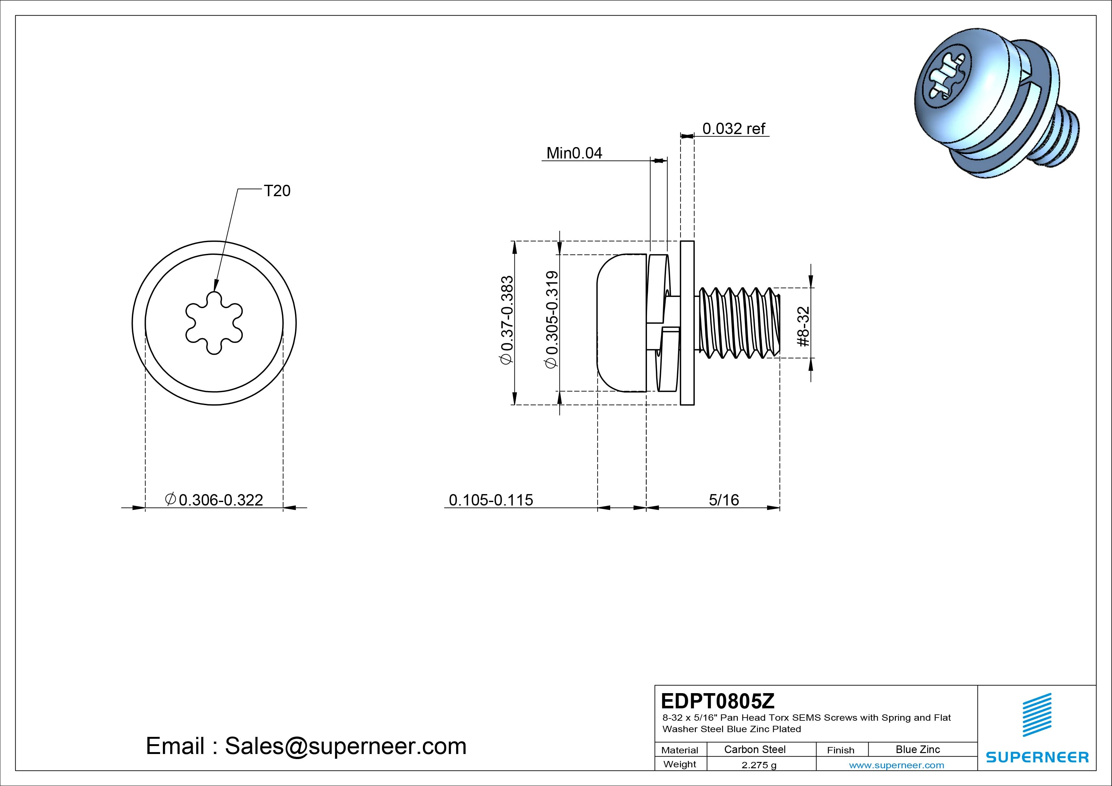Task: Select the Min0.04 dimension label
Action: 574,153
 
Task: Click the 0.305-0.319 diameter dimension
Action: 552,320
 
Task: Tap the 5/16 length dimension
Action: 724,500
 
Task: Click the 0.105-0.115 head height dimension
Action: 491,500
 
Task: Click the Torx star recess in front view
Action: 214,323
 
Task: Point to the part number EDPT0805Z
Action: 717,701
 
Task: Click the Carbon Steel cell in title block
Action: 754,749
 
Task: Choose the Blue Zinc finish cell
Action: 917,749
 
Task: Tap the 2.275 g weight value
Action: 759,765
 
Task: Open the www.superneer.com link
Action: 896,765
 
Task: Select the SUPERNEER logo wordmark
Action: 1037,757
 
